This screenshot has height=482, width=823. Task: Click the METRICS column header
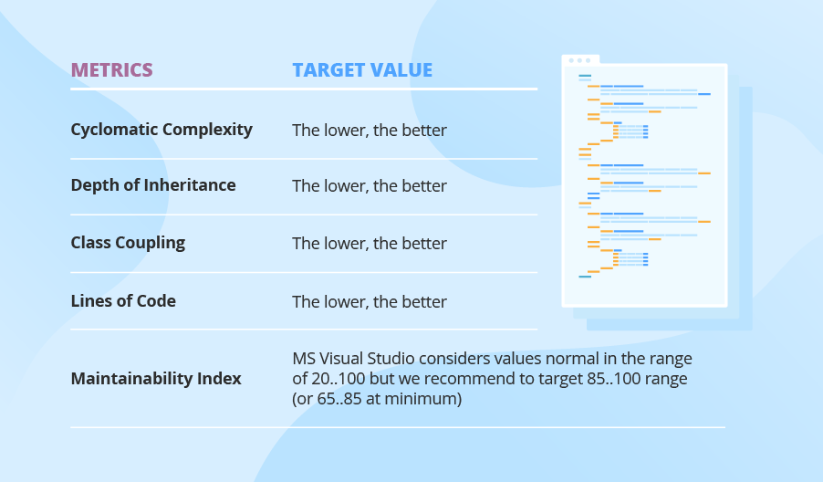[x=111, y=70]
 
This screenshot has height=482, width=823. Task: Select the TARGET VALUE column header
[x=362, y=70]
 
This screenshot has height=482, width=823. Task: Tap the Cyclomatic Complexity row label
[x=161, y=130]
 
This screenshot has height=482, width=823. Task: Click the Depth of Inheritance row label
[x=153, y=185]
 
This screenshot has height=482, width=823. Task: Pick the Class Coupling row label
[x=128, y=243]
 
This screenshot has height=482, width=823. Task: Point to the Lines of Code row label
[x=123, y=301]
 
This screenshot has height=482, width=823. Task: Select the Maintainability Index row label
[x=156, y=378]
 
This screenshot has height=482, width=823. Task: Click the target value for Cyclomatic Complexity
[x=370, y=131]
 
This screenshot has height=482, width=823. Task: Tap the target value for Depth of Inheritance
[x=370, y=186]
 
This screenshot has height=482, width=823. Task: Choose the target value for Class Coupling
[x=370, y=244]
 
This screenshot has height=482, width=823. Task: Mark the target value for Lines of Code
[x=370, y=302]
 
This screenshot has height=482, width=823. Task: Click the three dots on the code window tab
[x=578, y=60]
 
